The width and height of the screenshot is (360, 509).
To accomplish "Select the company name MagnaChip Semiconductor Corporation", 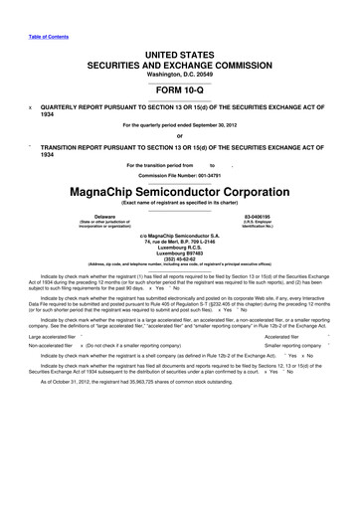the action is tap(179, 187).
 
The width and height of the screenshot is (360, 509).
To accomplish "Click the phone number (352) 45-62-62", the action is tap(179, 261).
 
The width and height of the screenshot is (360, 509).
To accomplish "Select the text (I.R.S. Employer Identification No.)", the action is tap(258, 223).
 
